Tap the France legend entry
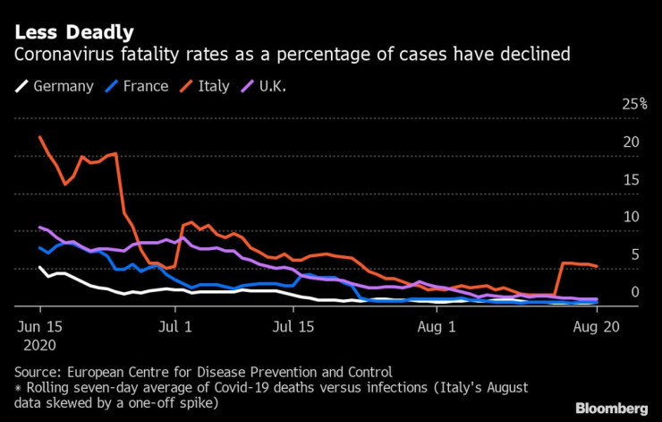[x=129, y=87]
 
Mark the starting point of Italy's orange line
[x=40, y=137]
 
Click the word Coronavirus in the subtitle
[x=63, y=56]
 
